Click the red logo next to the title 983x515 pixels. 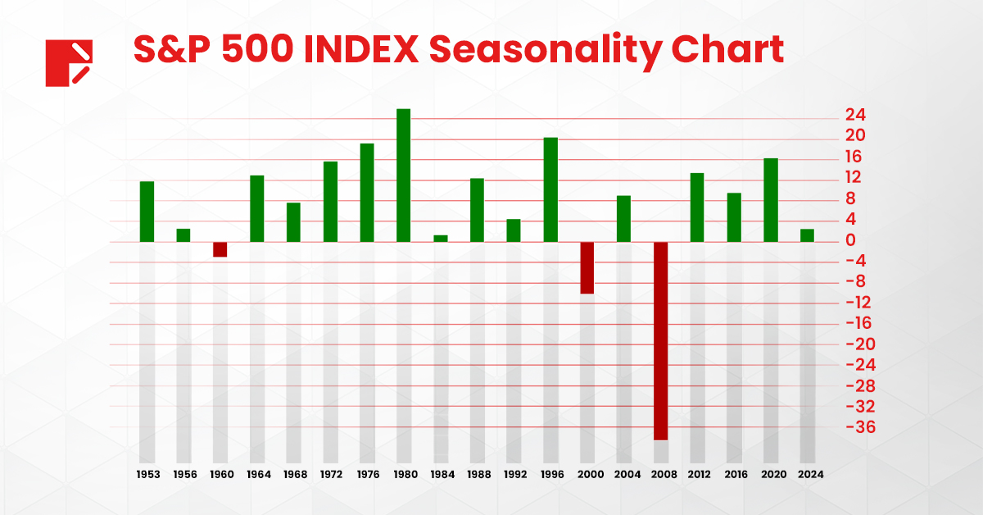pos(70,62)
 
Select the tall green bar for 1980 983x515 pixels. pos(403,175)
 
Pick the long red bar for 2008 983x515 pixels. pos(660,340)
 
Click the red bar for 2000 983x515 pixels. pos(587,267)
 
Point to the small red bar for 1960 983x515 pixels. pos(220,249)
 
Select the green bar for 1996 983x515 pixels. pos(550,189)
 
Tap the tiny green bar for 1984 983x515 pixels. pos(441,238)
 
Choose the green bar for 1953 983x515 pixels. pos(147,212)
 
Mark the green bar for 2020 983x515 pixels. pos(771,200)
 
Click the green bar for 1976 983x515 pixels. pos(367,193)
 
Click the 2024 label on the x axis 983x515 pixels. pos(811,474)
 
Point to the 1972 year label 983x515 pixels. pos(331,474)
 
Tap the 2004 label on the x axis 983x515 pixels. pos(627,474)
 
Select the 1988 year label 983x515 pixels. pos(478,474)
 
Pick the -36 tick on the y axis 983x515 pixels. pos(850,427)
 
